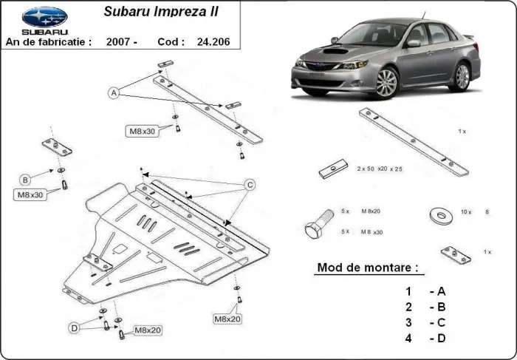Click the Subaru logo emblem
tap(44, 16)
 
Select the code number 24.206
tap(215, 42)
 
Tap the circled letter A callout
tap(114, 93)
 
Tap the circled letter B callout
tap(25, 180)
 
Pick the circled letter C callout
tap(250, 184)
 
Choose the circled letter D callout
tap(75, 327)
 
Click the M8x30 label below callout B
tap(30, 195)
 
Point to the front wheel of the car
tap(387, 83)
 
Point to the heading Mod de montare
tap(367, 267)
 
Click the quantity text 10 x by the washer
tap(465, 211)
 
